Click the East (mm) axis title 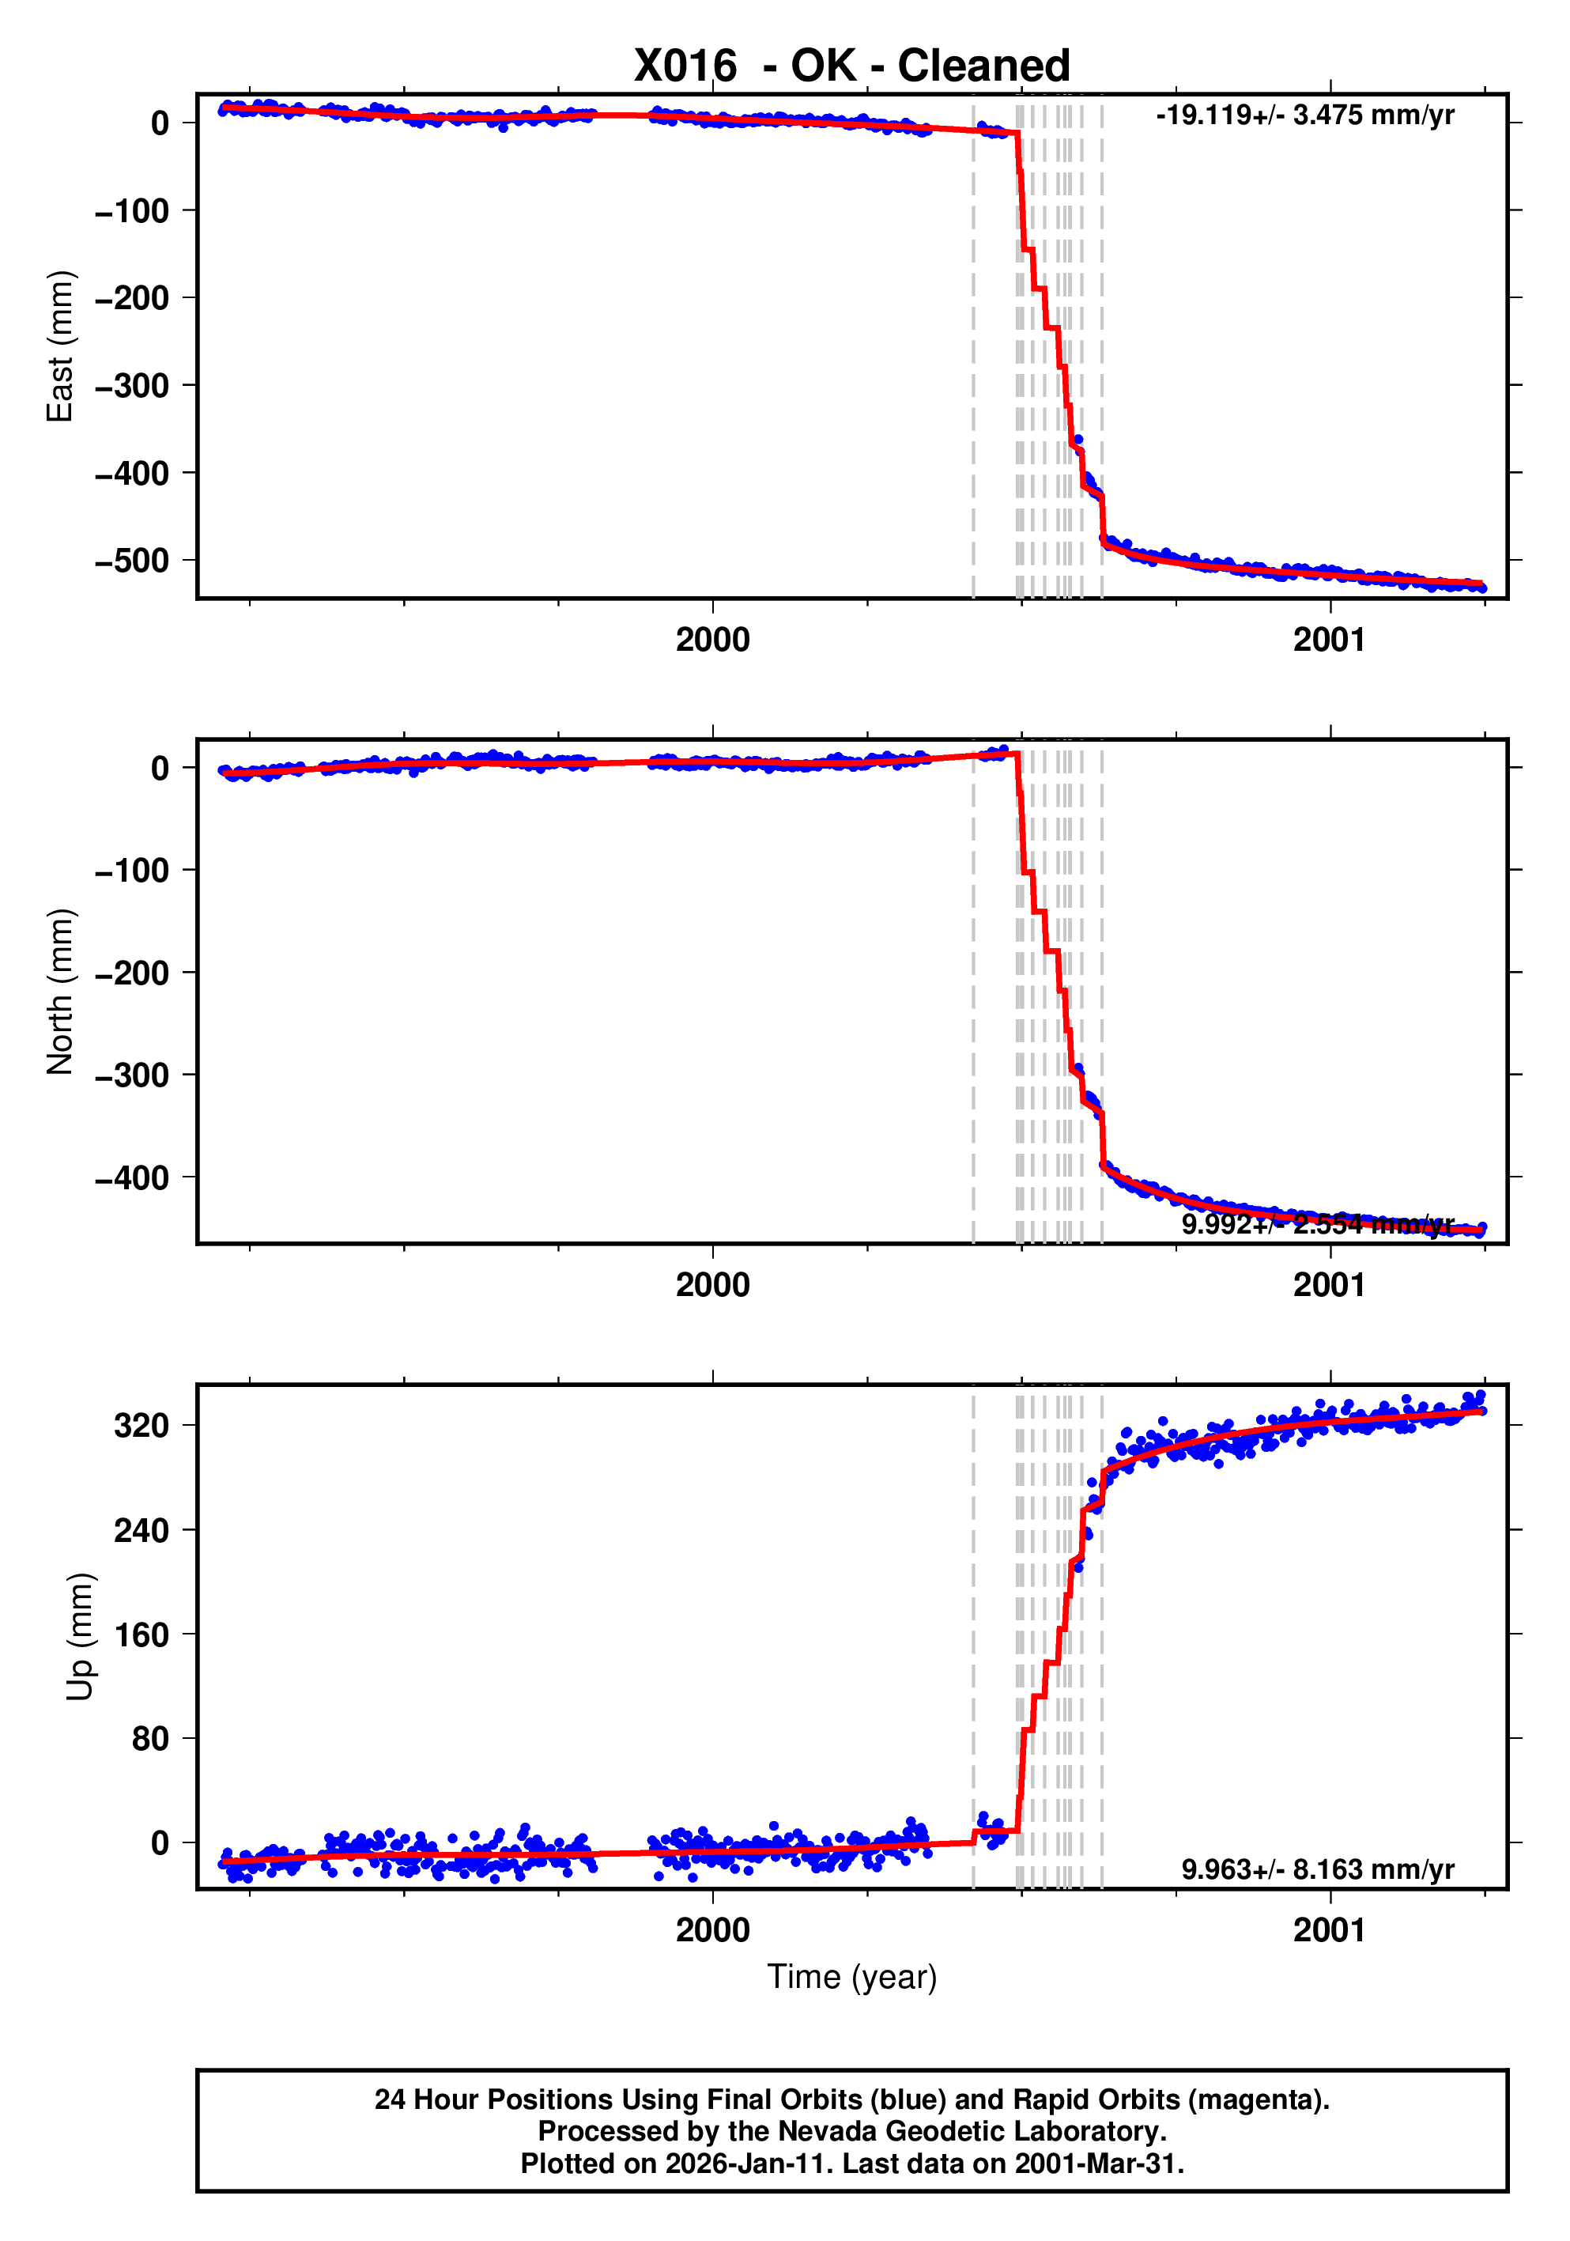point(61,346)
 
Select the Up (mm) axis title point(80,1636)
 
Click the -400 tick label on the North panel point(132,1178)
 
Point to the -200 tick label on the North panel point(132,973)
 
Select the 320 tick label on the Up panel point(142,1426)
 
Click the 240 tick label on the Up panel point(142,1530)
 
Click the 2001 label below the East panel point(1329,641)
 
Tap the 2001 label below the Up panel point(1329,1929)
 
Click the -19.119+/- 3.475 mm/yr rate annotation point(1304,115)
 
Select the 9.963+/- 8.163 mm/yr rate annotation point(1317,1869)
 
